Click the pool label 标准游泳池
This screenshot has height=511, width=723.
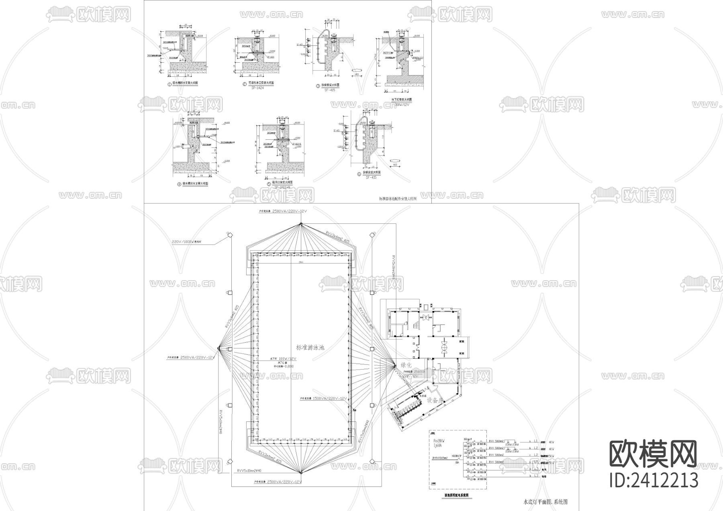pyautogui.click(x=310, y=348)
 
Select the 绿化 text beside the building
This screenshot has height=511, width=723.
pyautogui.click(x=406, y=366)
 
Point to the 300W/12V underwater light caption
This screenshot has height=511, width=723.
pyautogui.click(x=401, y=104)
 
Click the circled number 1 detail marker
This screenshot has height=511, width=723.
pyautogui.click(x=170, y=84)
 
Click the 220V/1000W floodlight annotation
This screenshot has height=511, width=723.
pyautogui.click(x=186, y=242)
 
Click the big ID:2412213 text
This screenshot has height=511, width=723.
pyautogui.click(x=654, y=480)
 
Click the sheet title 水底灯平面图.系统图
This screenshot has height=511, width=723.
pyautogui.click(x=545, y=502)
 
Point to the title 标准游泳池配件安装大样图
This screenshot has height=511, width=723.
pyautogui.click(x=398, y=198)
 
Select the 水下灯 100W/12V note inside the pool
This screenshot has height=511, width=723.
pyautogui.click(x=283, y=358)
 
